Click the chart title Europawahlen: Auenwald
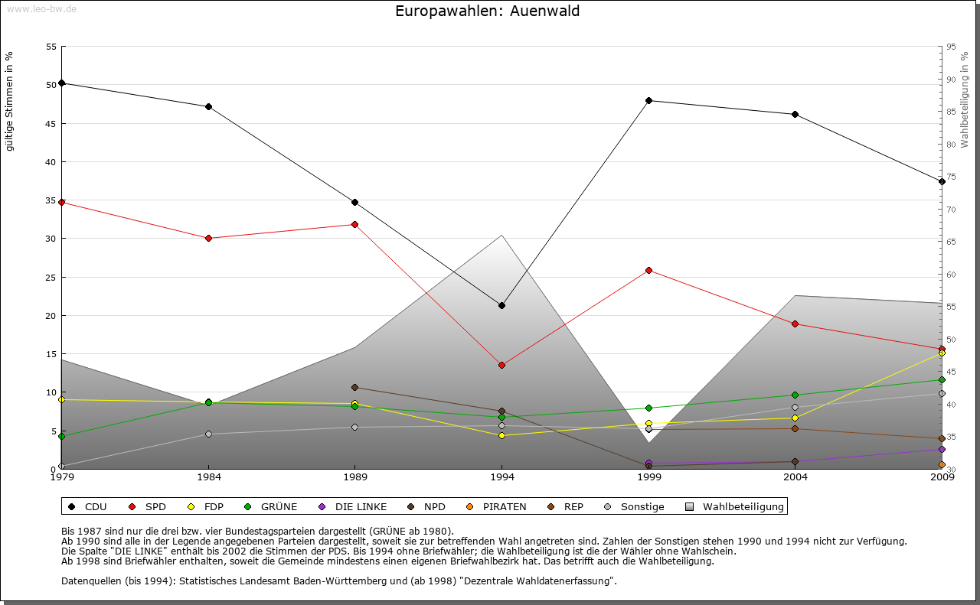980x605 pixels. click(487, 11)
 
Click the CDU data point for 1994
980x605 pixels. click(501, 305)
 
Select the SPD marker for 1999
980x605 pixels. click(648, 270)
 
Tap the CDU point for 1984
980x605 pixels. click(208, 106)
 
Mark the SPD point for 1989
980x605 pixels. click(354, 224)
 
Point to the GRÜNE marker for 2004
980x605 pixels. click(795, 395)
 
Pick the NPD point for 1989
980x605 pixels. click(354, 387)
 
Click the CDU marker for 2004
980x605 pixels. click(795, 114)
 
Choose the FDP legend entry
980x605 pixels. click(206, 506)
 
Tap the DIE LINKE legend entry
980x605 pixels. click(352, 506)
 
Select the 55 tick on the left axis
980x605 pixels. click(51, 47)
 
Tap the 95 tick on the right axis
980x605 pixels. click(951, 47)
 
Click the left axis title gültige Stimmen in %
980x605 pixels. click(10, 101)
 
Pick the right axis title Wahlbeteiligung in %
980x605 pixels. click(964, 100)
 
